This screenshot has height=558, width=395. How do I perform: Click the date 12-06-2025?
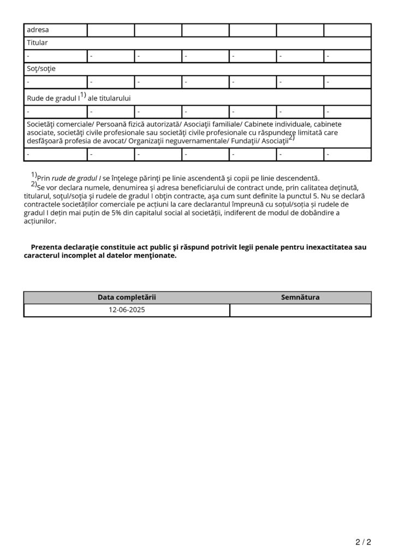click(127, 310)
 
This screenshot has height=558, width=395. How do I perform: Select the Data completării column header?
click(127, 298)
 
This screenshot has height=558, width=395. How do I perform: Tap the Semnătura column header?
click(300, 298)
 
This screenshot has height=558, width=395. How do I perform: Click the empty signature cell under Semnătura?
click(300, 310)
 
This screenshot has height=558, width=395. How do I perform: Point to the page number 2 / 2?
click(363, 542)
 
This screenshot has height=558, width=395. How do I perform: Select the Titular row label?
click(38, 43)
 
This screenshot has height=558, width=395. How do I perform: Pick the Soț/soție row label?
click(41, 69)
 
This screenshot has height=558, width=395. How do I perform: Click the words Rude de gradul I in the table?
click(53, 98)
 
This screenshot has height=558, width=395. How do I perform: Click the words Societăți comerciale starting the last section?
click(59, 124)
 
